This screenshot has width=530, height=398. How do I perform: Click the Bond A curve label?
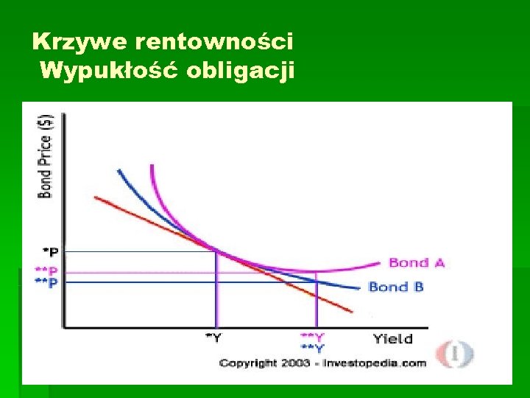click(x=416, y=263)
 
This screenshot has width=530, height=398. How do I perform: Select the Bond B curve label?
click(x=396, y=287)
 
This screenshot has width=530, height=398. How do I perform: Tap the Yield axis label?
click(x=392, y=339)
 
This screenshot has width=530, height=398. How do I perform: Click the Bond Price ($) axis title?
click(x=45, y=156)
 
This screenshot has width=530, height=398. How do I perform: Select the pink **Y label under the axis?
click(x=313, y=336)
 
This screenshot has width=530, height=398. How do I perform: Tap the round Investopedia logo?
click(x=456, y=353)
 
